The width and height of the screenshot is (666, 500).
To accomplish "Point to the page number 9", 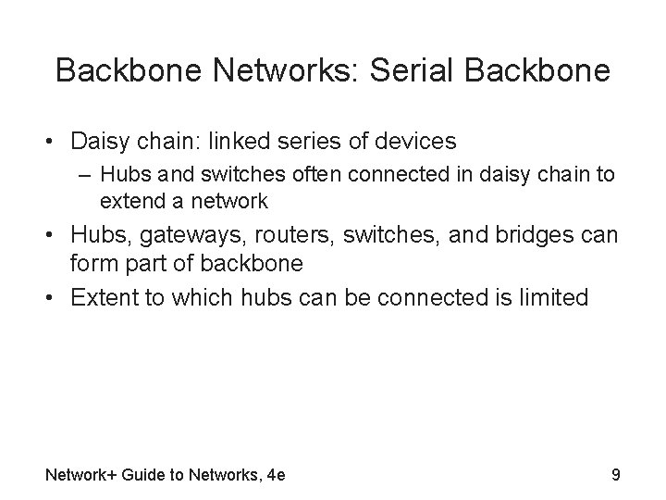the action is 615,476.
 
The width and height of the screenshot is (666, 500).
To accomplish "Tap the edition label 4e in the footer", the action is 275,476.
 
